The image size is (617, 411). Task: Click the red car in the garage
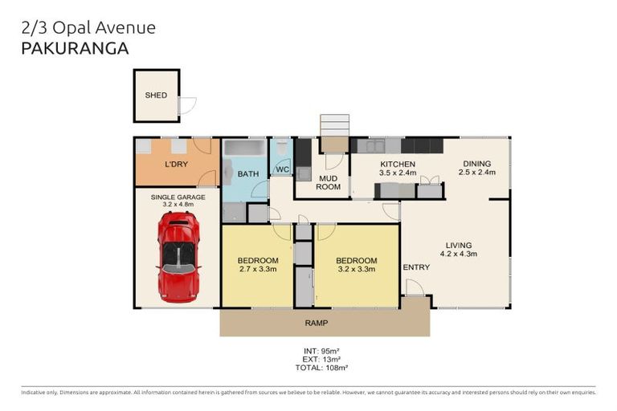coord(178,255)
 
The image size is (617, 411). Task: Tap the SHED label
coord(156,96)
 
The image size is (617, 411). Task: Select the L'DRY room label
coord(176,165)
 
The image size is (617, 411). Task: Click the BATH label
coord(247,173)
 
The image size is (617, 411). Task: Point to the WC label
coord(282,169)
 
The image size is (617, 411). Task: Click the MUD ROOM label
coord(329,182)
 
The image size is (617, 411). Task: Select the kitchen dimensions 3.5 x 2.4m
coord(397,172)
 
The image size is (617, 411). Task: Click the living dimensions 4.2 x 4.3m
coord(458,254)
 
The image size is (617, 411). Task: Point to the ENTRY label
coord(416,267)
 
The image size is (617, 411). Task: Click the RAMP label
coord(315,323)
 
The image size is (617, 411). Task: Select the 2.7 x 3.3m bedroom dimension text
coord(258,269)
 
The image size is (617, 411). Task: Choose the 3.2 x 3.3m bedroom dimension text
coord(357,269)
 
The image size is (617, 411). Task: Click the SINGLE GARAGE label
coord(178,197)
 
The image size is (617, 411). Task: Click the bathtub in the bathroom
coord(243,149)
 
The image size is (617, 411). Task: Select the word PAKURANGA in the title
coord(73,47)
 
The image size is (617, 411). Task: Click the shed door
coord(187,104)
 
